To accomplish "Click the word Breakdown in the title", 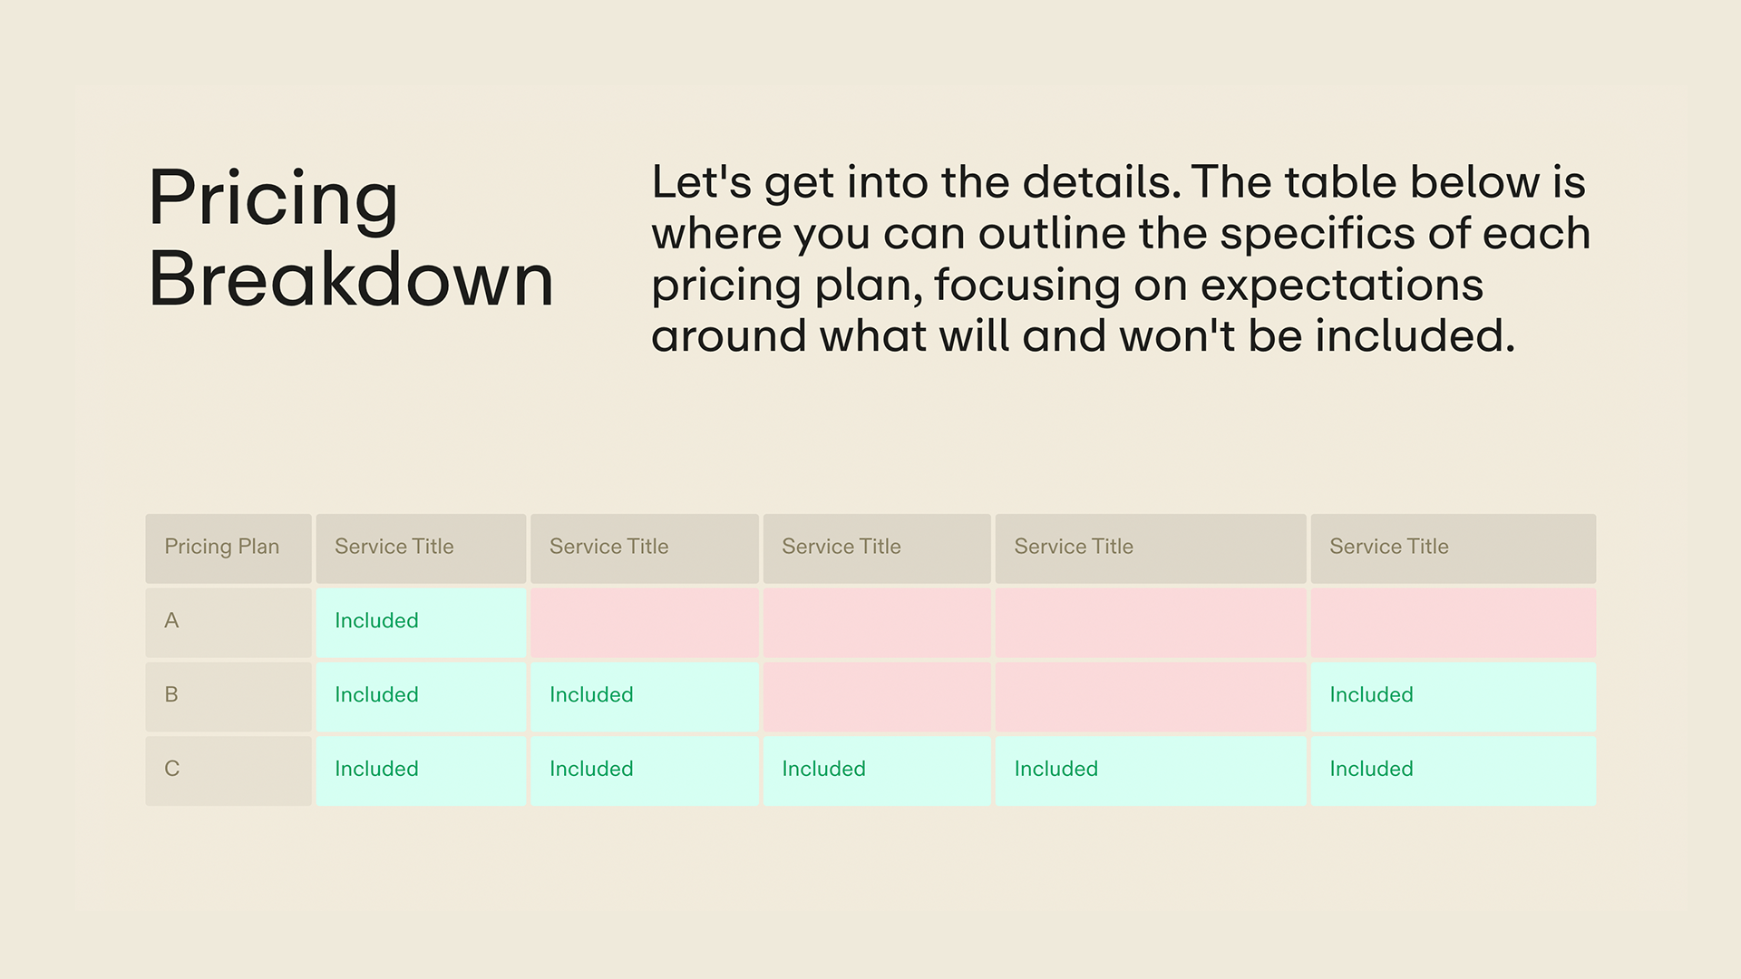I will click(350, 279).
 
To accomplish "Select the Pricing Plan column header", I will click(222, 547).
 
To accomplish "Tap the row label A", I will click(171, 621).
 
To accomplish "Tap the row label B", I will click(171, 695).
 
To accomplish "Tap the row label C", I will click(171, 770).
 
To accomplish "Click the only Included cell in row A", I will click(376, 621).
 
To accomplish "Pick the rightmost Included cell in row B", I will click(1371, 695).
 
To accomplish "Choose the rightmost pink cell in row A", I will click(1453, 623).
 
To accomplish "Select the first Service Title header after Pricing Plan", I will click(394, 547).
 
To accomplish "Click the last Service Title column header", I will click(1389, 547).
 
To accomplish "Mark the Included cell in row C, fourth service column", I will click(1056, 770).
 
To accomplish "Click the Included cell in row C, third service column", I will click(823, 770).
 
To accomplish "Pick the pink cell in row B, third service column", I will click(876, 696).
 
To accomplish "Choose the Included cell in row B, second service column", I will click(591, 695).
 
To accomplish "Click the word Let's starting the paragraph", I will click(701, 182).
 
